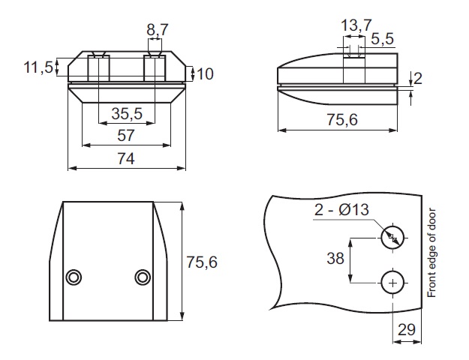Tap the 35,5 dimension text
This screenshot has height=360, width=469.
(x=127, y=114)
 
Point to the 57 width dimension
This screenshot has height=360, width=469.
(x=126, y=135)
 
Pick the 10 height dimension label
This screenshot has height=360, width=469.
(x=206, y=73)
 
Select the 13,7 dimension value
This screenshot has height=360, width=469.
(x=356, y=25)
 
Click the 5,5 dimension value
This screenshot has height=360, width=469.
(x=383, y=37)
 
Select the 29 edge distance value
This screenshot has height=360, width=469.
(x=407, y=329)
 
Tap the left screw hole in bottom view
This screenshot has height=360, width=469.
(x=73, y=277)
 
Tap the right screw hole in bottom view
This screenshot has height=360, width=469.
(x=143, y=277)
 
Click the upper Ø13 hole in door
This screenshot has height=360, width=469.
(x=392, y=238)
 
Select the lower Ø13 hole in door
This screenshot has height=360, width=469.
(x=392, y=282)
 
